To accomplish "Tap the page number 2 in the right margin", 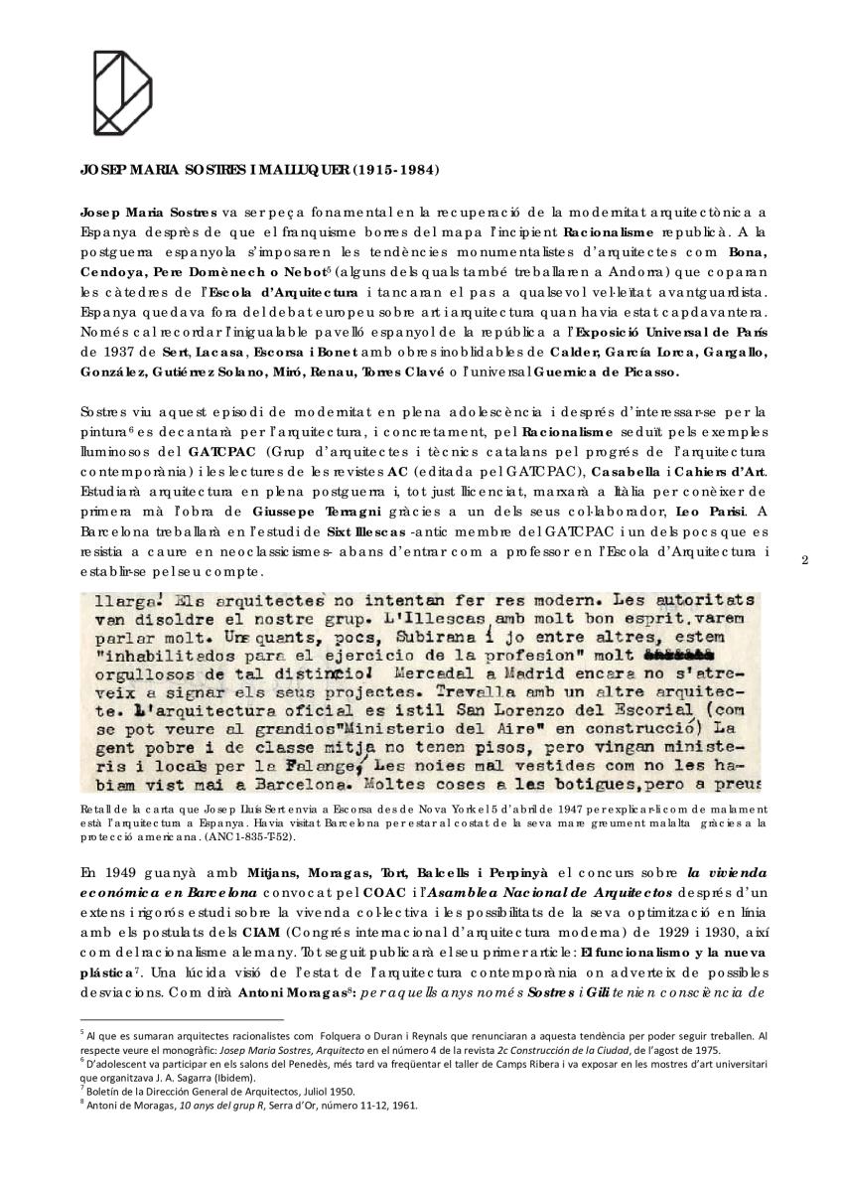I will pyautogui.click(x=804, y=560).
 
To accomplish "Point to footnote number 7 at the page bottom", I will pyautogui.click(x=81, y=1083).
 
